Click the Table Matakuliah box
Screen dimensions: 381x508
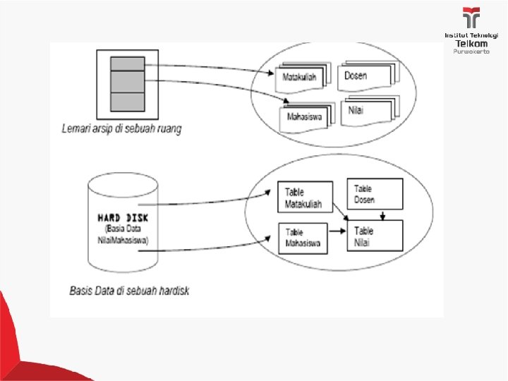click(x=303, y=198)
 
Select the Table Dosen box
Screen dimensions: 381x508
click(x=375, y=193)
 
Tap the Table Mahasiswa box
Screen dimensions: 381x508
click(x=304, y=239)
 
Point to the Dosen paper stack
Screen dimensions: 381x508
click(x=367, y=75)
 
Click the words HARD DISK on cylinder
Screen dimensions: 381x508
click(x=123, y=217)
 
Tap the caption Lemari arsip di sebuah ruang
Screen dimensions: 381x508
click(x=121, y=130)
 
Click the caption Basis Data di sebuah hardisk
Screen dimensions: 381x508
click(x=129, y=290)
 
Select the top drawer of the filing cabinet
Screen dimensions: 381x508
click(x=128, y=64)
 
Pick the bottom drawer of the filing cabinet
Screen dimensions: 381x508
click(x=128, y=101)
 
